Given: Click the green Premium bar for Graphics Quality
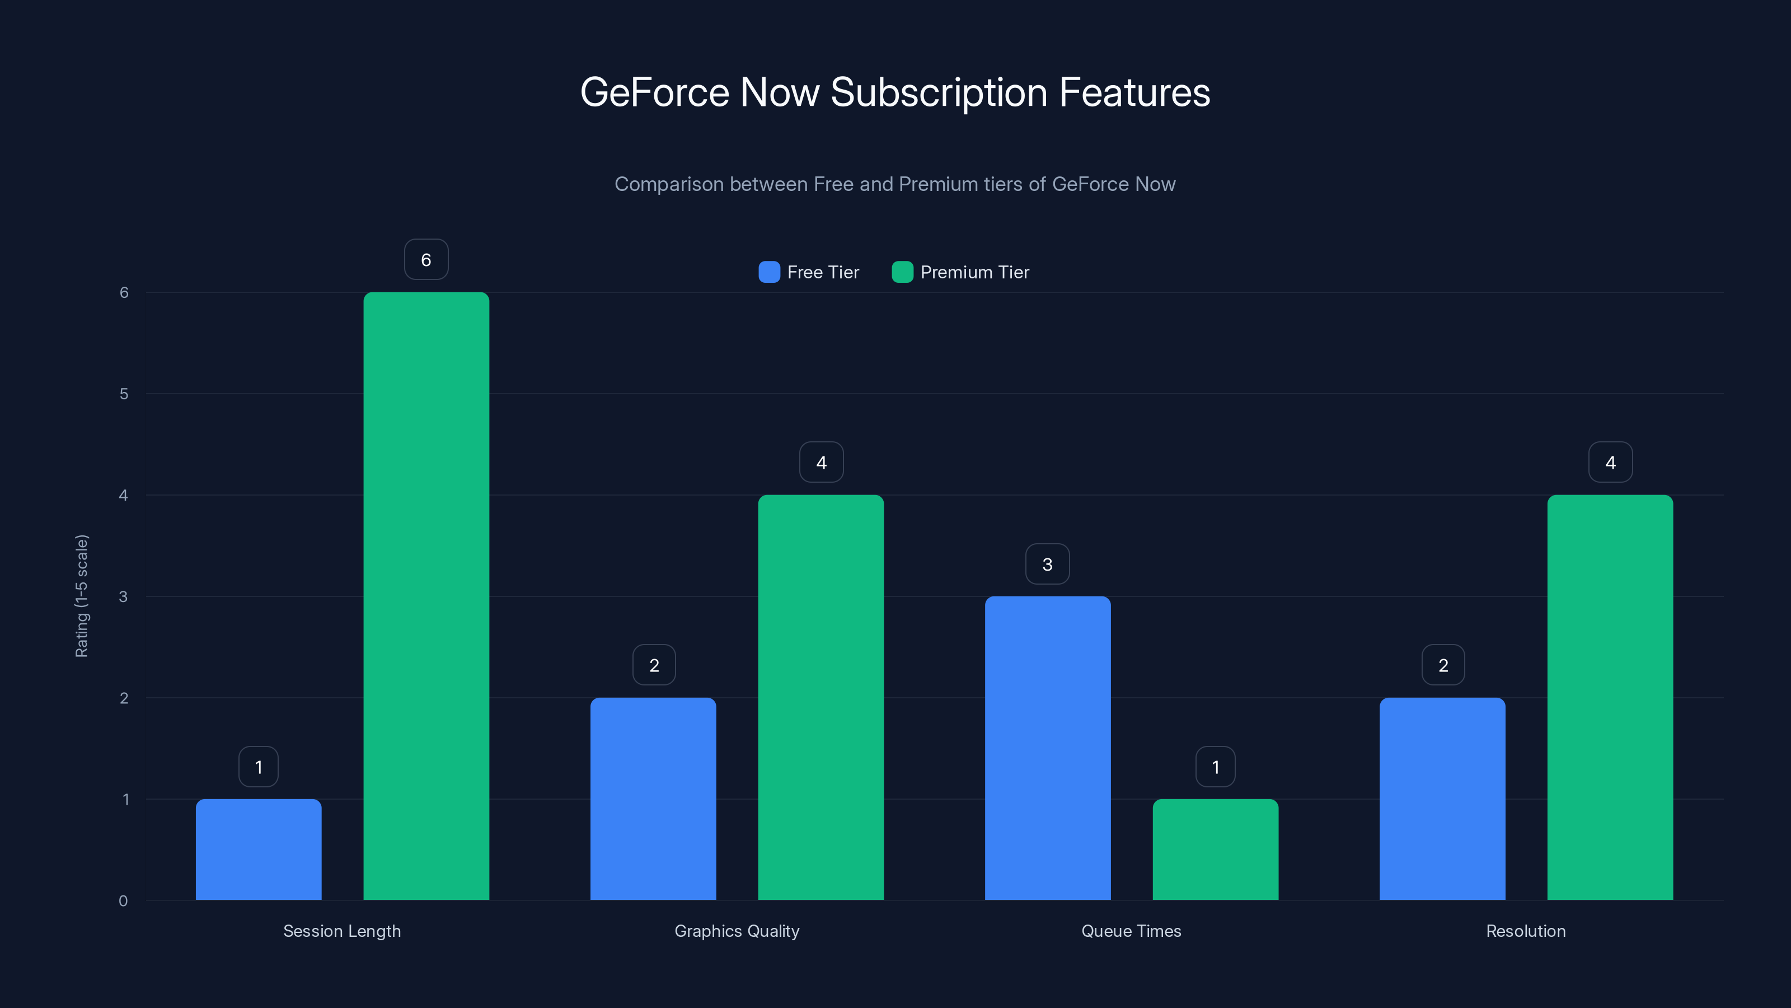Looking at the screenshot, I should click(821, 697).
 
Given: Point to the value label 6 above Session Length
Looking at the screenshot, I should click(426, 259).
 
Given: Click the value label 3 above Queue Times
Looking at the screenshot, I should click(1047, 564).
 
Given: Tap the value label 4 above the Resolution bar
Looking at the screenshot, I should click(1610, 463).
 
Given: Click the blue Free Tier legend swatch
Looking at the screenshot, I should click(769, 272).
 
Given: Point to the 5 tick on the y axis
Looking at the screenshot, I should click(124, 394).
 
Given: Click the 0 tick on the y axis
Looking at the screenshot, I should click(123, 901).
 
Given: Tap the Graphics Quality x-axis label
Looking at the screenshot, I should click(737, 931).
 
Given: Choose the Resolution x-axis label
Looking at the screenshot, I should click(1525, 931).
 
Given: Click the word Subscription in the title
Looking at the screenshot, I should click(939, 92).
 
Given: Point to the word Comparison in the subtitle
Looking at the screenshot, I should click(669, 184).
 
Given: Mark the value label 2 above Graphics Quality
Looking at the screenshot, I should click(654, 666).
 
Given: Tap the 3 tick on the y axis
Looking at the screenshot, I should click(123, 596).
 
